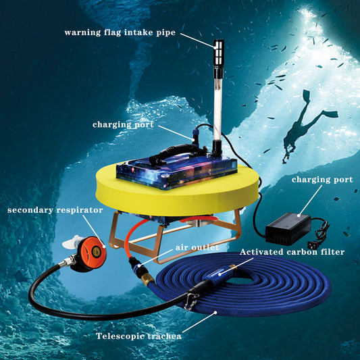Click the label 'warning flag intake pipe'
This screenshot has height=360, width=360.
pyautogui.click(x=120, y=32)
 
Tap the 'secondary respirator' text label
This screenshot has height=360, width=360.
pyautogui.click(x=55, y=210)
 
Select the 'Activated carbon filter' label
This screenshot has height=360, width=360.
pyautogui.click(x=292, y=252)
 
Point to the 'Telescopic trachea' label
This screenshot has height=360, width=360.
pyautogui.click(x=138, y=336)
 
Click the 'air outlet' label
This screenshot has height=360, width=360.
pyautogui.click(x=197, y=247)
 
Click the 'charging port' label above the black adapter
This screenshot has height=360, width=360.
pyautogui.click(x=322, y=180)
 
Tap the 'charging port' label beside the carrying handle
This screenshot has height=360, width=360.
pyautogui.click(x=123, y=124)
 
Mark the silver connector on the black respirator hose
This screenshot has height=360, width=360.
pyautogui.click(x=67, y=261)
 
